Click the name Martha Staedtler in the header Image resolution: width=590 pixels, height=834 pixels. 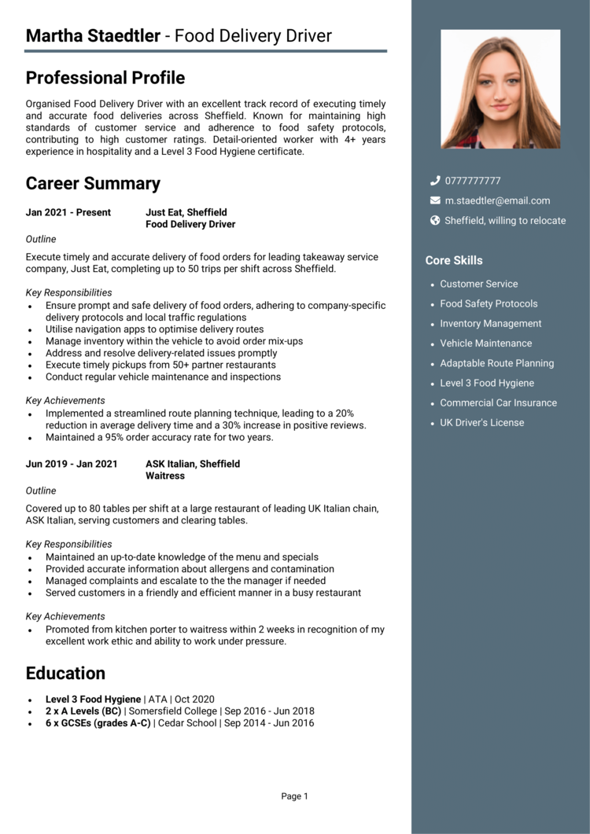93,36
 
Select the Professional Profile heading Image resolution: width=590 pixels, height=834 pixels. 105,78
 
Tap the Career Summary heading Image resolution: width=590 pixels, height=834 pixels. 93,184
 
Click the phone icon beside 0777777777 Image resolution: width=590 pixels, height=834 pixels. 435,181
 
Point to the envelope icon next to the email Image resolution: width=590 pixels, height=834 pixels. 435,200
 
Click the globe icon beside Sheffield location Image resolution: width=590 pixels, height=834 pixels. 435,221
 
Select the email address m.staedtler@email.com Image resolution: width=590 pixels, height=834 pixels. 497,200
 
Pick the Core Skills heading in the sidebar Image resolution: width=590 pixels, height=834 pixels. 454,260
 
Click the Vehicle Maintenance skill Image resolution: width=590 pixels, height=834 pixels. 485,344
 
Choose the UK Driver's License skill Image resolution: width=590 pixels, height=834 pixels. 481,423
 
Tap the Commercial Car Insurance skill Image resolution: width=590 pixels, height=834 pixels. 498,402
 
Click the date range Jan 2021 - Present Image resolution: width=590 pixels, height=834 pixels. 68,212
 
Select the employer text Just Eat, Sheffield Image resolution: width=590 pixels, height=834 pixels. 186,212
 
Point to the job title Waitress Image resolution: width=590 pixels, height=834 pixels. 165,476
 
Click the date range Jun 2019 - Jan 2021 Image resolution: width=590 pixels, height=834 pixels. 72,464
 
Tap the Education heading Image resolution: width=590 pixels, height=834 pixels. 65,674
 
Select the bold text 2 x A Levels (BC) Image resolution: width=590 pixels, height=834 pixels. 83,711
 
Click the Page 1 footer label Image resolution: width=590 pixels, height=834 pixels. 295,796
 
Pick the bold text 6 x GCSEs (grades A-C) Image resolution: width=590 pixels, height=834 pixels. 98,723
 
